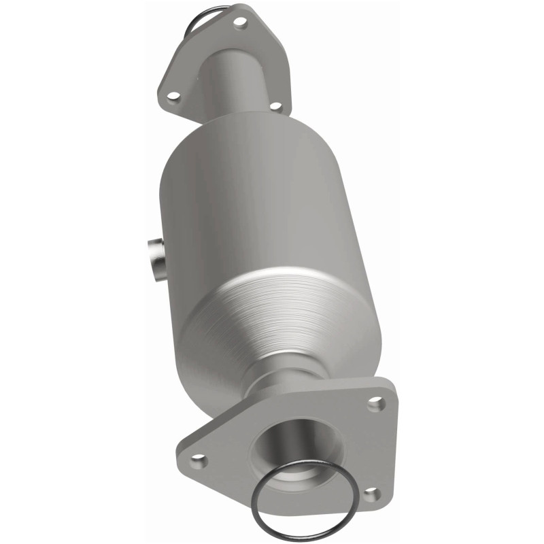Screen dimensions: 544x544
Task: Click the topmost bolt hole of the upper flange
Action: (x=239, y=22)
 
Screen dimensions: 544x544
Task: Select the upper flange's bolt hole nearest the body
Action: (x=275, y=106)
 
